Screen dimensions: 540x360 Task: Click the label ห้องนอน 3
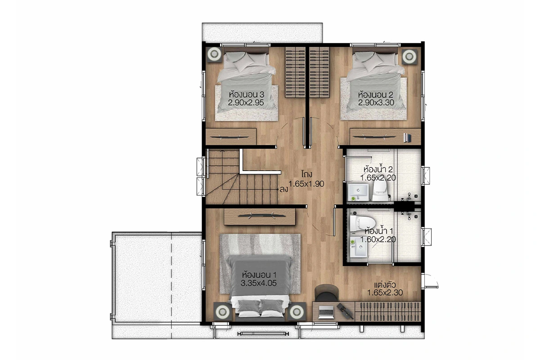[x=247, y=94]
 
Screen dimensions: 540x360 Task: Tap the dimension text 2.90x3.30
[x=376, y=103]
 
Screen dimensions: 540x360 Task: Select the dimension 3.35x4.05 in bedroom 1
[x=258, y=283]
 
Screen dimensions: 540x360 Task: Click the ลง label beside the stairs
[x=284, y=189]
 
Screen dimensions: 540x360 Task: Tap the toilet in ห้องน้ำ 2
[x=380, y=191]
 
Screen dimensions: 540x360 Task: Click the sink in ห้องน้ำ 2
[x=358, y=192]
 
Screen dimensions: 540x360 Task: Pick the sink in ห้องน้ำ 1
[x=359, y=247]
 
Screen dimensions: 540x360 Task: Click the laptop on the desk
[x=326, y=312]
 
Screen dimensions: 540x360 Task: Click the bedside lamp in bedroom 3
[x=214, y=54]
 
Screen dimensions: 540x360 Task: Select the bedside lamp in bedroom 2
[x=409, y=56]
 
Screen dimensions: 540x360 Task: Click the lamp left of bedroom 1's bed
[x=222, y=311]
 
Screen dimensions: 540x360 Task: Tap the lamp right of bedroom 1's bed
[x=297, y=311]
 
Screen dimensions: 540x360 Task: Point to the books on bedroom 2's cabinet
[x=407, y=138]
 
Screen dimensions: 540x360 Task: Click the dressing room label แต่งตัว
[x=385, y=285]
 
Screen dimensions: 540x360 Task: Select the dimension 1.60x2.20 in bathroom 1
[x=378, y=239]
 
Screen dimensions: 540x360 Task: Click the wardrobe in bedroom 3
[x=295, y=72]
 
